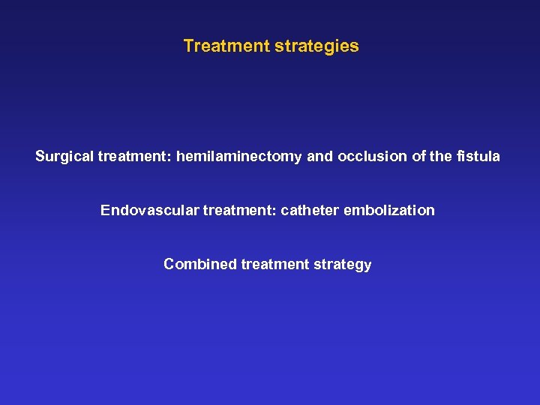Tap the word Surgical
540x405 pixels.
point(64,157)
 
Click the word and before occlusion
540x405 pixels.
point(320,157)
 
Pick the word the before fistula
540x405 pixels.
point(439,157)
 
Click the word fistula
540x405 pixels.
point(476,157)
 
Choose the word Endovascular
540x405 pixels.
point(148,211)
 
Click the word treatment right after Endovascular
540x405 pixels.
point(238,211)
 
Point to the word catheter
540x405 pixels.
point(310,211)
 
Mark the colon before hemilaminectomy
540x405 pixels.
point(171,157)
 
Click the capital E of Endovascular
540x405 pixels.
point(105,211)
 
